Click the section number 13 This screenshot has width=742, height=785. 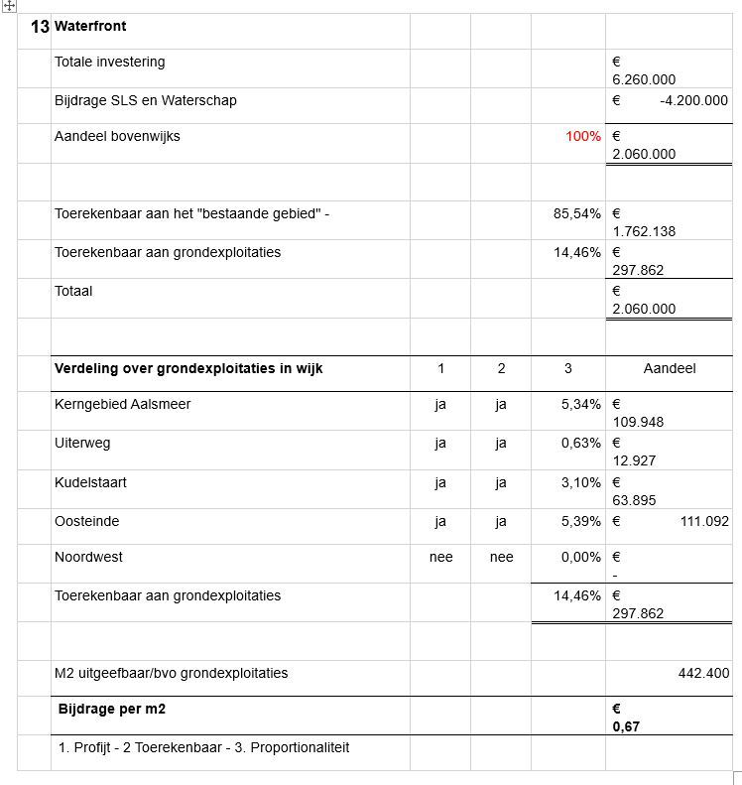pyautogui.click(x=40, y=27)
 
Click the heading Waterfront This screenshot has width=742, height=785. pyautogui.click(x=90, y=26)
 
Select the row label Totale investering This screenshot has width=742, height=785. pyautogui.click(x=109, y=62)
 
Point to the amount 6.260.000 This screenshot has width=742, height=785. pyautogui.click(x=644, y=79)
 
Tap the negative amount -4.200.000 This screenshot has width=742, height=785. pyautogui.click(x=692, y=100)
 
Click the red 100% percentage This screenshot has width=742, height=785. pyautogui.click(x=582, y=136)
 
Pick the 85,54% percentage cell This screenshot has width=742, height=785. pyautogui.click(x=576, y=213)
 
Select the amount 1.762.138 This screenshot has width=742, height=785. pyautogui.click(x=644, y=231)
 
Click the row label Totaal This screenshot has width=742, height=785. pyautogui.click(x=72, y=291)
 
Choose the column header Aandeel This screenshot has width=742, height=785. pyautogui.click(x=669, y=368)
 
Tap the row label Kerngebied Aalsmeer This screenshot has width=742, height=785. pyautogui.click(x=122, y=404)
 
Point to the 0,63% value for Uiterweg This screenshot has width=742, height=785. pyautogui.click(x=580, y=443)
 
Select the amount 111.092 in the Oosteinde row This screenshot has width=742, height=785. pyautogui.click(x=704, y=521)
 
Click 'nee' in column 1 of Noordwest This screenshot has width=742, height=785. pyautogui.click(x=440, y=557)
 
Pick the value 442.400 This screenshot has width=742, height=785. pyautogui.click(x=703, y=673)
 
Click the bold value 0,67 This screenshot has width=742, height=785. pyautogui.click(x=625, y=727)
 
